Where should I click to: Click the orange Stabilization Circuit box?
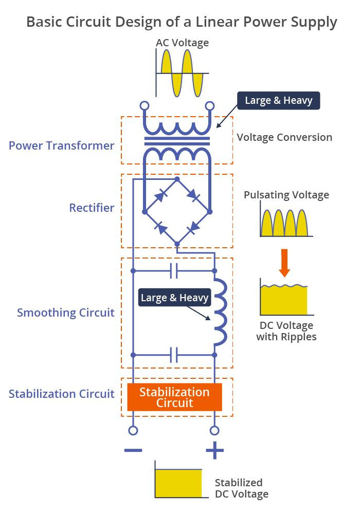(x=174, y=397)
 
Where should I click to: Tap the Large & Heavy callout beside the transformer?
(x=278, y=100)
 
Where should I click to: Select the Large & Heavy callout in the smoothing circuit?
(x=175, y=298)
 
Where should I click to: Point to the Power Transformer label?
(x=61, y=145)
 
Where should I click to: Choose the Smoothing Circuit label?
(x=66, y=313)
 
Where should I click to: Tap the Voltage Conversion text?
(x=284, y=137)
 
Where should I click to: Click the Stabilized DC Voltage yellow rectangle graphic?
(x=178, y=483)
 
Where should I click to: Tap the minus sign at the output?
(x=133, y=451)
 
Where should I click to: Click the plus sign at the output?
(x=214, y=451)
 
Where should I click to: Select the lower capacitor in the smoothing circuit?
(x=174, y=355)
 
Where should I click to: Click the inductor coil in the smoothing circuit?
(x=219, y=312)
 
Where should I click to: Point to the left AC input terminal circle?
(x=145, y=106)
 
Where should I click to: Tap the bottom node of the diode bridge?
(x=177, y=243)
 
